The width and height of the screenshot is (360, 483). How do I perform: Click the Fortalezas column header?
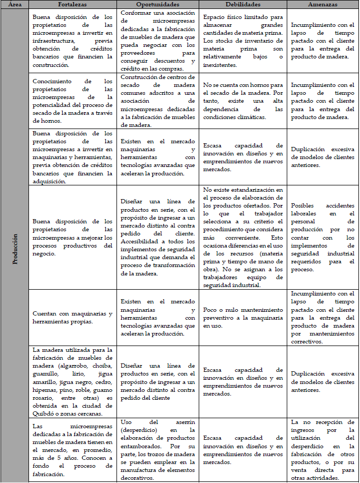[72, 4]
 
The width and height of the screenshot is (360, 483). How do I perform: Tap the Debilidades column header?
[243, 4]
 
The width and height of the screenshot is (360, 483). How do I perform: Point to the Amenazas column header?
[323, 4]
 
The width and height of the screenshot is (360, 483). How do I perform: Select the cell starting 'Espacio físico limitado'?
[243, 41]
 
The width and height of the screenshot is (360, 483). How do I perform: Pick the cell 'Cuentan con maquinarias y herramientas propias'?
[72, 318]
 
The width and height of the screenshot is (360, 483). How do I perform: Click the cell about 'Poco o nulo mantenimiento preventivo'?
[243, 318]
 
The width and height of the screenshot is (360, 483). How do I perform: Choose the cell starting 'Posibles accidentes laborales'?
[323, 237]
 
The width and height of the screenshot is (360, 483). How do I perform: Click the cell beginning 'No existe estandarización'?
[243, 237]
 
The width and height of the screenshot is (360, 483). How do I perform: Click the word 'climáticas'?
[227, 116]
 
